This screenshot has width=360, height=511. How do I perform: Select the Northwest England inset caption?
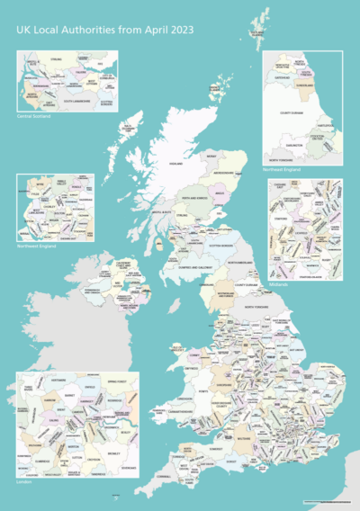click(x=37, y=245)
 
